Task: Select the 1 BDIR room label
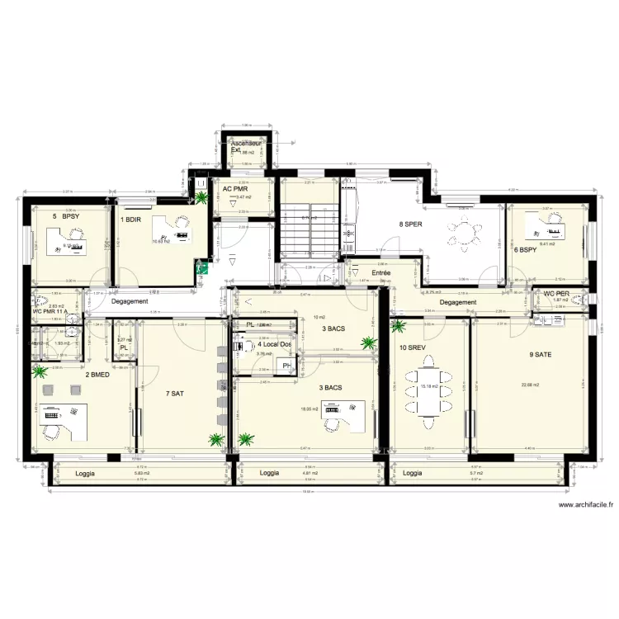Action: [x=130, y=220]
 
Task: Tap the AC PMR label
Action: [x=236, y=188]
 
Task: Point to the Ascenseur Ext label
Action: [x=246, y=146]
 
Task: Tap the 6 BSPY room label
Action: [x=525, y=249]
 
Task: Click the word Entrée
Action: [x=380, y=272]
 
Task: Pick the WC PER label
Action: [x=558, y=293]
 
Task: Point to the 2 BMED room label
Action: [x=97, y=375]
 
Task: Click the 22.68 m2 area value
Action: [x=531, y=385]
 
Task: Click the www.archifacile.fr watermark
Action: [x=586, y=505]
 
